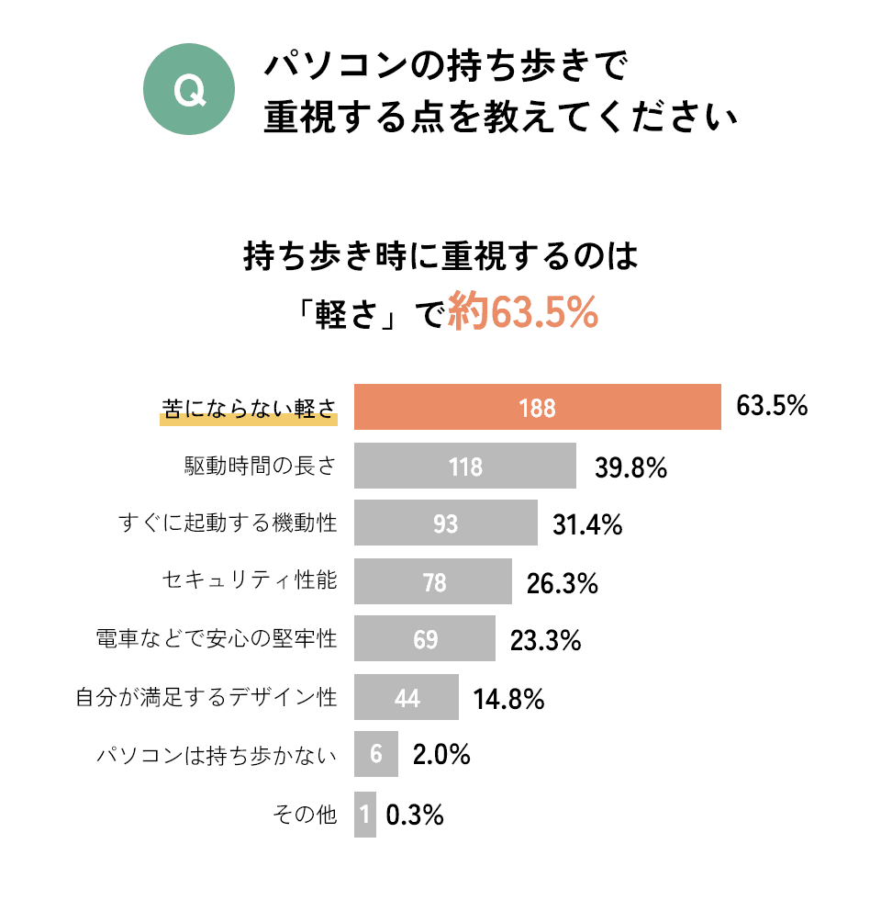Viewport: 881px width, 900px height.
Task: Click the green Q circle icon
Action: [189, 91]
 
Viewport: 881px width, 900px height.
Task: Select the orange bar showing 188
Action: [537, 408]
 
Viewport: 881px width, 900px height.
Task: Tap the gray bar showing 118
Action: [465, 467]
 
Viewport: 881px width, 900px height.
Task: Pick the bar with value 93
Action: [445, 524]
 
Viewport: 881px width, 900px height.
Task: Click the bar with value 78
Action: [433, 582]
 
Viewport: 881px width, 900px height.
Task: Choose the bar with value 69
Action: [425, 639]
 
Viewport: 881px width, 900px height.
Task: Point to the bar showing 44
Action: [407, 698]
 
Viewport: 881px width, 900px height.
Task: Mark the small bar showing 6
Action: [376, 755]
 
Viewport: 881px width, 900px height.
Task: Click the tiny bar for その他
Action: [365, 814]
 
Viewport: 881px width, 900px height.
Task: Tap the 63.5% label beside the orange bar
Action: [772, 406]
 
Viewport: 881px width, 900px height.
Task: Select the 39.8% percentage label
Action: [630, 467]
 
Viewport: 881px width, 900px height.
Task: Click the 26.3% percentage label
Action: [562, 583]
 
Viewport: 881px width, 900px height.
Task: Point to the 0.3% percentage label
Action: [415, 815]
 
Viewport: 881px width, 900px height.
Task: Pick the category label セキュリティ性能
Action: [250, 581]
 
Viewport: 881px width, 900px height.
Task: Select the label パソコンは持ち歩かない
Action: [217, 756]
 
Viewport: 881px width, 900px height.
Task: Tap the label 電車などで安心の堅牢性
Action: [217, 639]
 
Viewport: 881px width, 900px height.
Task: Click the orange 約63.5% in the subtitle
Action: [523, 313]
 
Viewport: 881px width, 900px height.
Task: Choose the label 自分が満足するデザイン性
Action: [206, 698]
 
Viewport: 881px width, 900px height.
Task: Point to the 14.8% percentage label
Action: [509, 700]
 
